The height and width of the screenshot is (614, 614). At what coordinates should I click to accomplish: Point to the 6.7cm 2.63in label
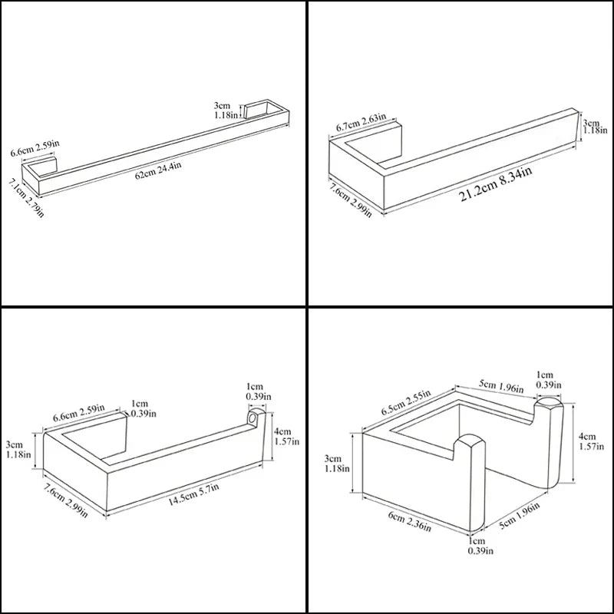(364, 122)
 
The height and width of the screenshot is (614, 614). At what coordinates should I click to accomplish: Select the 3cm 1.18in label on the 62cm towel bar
(226, 110)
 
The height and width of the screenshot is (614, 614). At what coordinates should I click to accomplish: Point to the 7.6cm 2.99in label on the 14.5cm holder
(74, 500)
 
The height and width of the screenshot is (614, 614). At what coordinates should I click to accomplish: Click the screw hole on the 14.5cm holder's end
(251, 420)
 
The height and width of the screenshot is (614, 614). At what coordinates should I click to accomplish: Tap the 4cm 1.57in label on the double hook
(589, 441)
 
